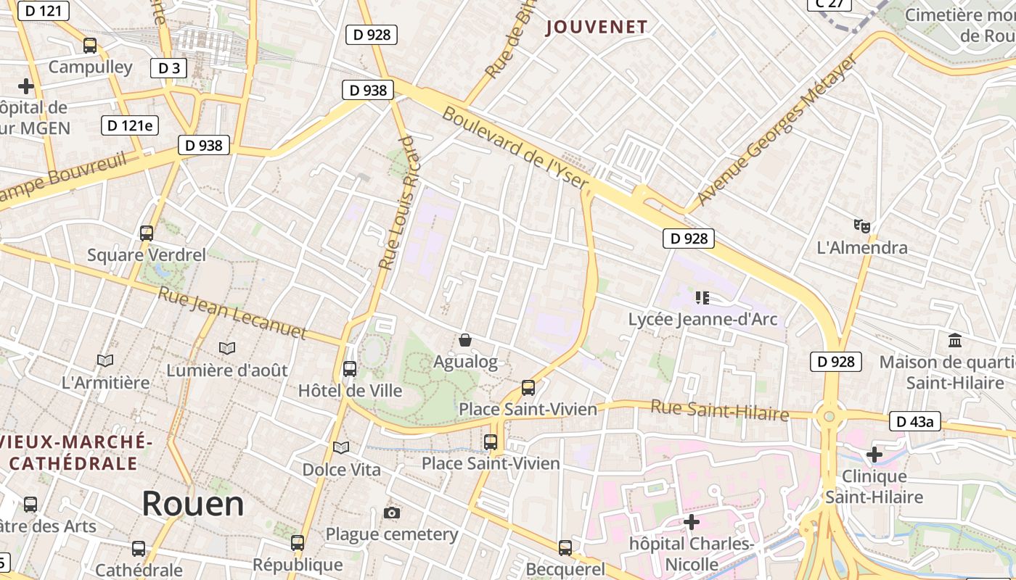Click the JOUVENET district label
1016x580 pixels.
click(596, 28)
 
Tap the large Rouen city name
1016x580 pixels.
click(193, 502)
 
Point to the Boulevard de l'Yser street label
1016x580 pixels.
click(515, 149)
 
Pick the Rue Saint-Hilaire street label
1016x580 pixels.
click(719, 410)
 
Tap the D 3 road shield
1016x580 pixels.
click(168, 68)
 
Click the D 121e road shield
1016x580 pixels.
click(130, 125)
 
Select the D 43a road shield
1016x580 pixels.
click(914, 421)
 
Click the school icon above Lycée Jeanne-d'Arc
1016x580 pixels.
click(702, 297)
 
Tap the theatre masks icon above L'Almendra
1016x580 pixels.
click(861, 225)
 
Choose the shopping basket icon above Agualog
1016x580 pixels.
click(465, 339)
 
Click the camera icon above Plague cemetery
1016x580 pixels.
click(392, 513)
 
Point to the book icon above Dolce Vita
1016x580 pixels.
click(341, 447)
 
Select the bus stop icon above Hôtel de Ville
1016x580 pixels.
click(350, 368)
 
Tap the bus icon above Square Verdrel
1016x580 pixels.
click(147, 233)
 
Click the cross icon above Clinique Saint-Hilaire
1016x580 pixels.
click(874, 455)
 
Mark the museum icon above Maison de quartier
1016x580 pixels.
click(955, 339)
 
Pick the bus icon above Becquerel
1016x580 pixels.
click(565, 547)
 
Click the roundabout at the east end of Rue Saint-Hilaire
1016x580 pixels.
click(829, 417)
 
